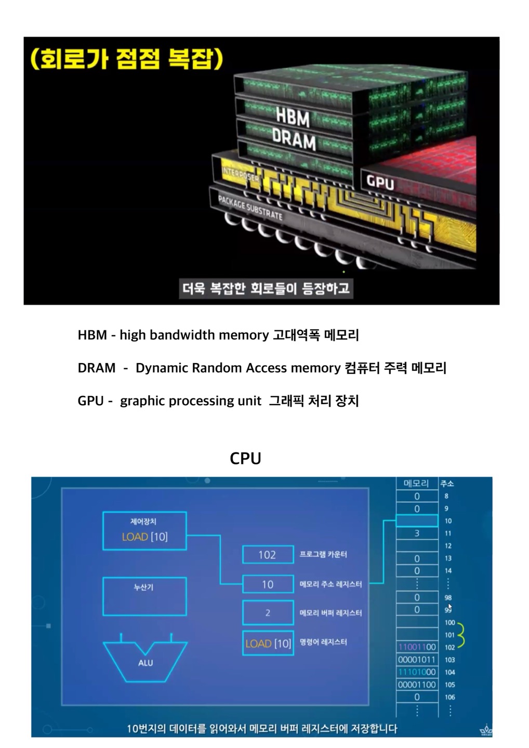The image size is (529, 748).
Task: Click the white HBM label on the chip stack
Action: tap(293, 118)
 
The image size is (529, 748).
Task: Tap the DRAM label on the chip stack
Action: tap(294, 140)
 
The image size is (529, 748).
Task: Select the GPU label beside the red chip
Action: tap(380, 182)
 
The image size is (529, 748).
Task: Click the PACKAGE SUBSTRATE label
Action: tap(250, 208)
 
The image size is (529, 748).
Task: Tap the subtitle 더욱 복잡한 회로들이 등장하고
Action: tap(266, 288)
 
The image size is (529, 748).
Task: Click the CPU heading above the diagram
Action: tap(245, 458)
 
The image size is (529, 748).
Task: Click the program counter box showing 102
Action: tap(267, 555)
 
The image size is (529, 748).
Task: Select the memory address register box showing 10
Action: tap(267, 584)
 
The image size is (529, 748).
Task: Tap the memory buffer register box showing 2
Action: tap(267, 613)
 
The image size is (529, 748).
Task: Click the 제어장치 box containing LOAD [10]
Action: tap(144, 531)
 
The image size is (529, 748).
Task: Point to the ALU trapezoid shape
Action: tap(145, 661)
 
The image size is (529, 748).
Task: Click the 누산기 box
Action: tap(144, 596)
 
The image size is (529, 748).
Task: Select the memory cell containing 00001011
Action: tap(417, 660)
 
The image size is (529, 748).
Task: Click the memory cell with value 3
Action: tap(417, 533)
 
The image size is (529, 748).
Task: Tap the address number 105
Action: tap(449, 685)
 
